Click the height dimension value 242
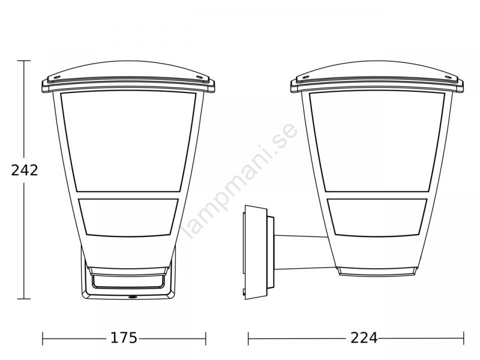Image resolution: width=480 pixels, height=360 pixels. (x=24, y=170)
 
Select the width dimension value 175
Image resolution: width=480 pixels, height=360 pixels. (x=123, y=338)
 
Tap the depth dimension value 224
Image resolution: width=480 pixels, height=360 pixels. (x=364, y=338)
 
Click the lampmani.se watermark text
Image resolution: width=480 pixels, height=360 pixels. (x=238, y=180)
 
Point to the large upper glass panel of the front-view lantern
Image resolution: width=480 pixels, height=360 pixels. (x=128, y=141)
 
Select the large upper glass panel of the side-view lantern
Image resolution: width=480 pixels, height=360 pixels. (x=377, y=141)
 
